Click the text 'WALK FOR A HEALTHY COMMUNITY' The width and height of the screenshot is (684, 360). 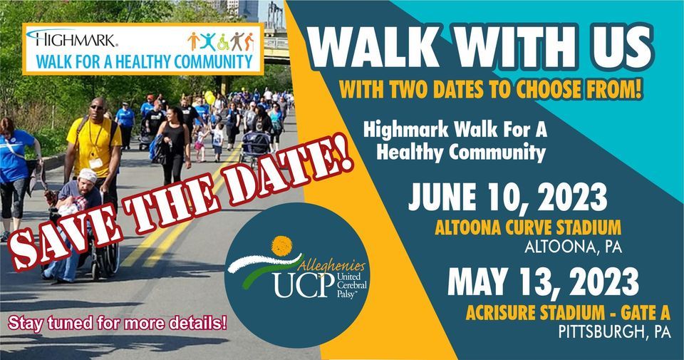(x=140, y=61)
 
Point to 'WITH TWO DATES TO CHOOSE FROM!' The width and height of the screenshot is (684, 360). (x=491, y=91)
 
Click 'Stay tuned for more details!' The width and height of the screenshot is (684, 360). (x=118, y=322)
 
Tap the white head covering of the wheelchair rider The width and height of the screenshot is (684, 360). (x=87, y=175)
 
